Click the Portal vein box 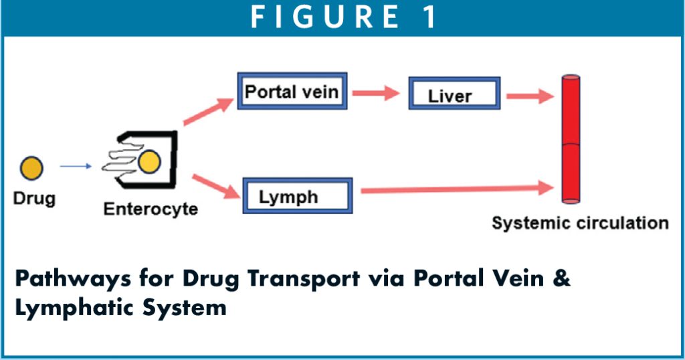point(292,91)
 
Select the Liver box point(454,95)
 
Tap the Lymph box point(297,197)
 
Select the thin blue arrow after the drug point(76,167)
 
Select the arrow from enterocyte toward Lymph point(215,187)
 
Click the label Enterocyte point(151,209)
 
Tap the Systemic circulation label point(580,223)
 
